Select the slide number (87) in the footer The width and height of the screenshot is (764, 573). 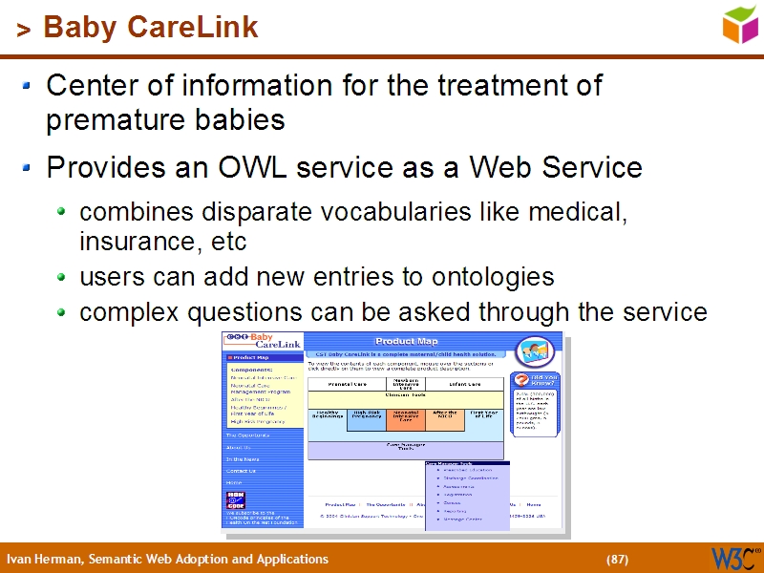coord(617,559)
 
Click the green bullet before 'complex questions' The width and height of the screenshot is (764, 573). coord(62,312)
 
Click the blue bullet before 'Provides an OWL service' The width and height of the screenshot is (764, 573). coord(28,169)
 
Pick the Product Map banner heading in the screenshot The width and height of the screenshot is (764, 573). coord(406,341)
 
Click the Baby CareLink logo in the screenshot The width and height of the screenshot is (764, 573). coord(262,341)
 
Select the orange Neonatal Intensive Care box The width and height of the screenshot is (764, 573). coord(405,417)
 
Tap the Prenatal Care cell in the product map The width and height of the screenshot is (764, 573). coord(347,384)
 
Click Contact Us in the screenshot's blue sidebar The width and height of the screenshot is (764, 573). coord(241,471)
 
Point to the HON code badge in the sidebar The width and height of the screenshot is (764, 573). coord(235,499)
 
